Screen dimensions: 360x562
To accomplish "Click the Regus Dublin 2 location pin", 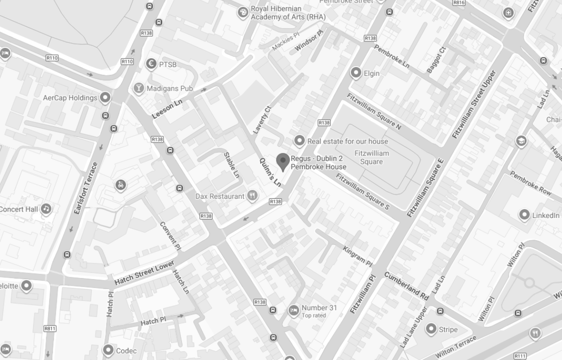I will point(282,161).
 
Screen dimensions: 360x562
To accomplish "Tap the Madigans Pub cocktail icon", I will point(139,88).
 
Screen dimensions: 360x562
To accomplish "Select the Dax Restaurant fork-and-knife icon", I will point(252,196).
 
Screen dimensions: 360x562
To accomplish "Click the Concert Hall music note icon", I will point(46,209).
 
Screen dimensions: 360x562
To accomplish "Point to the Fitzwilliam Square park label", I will point(371,157).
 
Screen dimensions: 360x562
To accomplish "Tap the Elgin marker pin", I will point(356,73).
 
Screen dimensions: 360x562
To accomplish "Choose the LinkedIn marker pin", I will point(525,215).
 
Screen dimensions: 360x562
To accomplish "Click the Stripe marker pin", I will point(431,329).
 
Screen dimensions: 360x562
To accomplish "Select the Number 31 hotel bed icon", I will point(293,310).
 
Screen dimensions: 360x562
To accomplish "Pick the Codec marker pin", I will point(108,350).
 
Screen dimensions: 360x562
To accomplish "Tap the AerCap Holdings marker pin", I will point(105,97).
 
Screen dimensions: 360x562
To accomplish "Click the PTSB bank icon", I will point(151,64).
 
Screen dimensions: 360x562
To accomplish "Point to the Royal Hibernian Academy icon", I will point(243,12).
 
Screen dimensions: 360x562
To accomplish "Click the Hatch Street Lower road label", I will point(144,273).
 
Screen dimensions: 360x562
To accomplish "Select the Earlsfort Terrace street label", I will point(86,188).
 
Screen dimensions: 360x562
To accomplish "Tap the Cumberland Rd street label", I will point(406,286).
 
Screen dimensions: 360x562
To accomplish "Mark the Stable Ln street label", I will point(231,165).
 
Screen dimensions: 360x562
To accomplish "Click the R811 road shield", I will point(50,328).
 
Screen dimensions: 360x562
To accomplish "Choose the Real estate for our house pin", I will point(299,141).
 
